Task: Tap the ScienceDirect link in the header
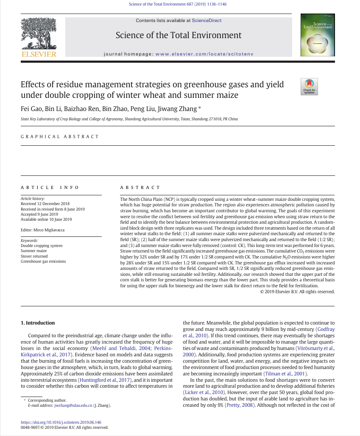click(207, 20)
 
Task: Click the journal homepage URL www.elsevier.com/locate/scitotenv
click(205, 54)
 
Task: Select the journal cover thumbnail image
click(317, 36)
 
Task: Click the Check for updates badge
click(309, 86)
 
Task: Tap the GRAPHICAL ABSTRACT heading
click(60, 137)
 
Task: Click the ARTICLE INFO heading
click(50, 187)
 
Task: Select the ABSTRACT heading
click(140, 187)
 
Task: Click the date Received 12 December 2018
click(45, 204)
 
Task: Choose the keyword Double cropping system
click(42, 246)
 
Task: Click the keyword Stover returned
click(34, 256)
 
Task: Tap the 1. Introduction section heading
click(38, 323)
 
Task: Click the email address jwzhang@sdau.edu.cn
click(73, 405)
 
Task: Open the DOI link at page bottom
click(61, 422)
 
